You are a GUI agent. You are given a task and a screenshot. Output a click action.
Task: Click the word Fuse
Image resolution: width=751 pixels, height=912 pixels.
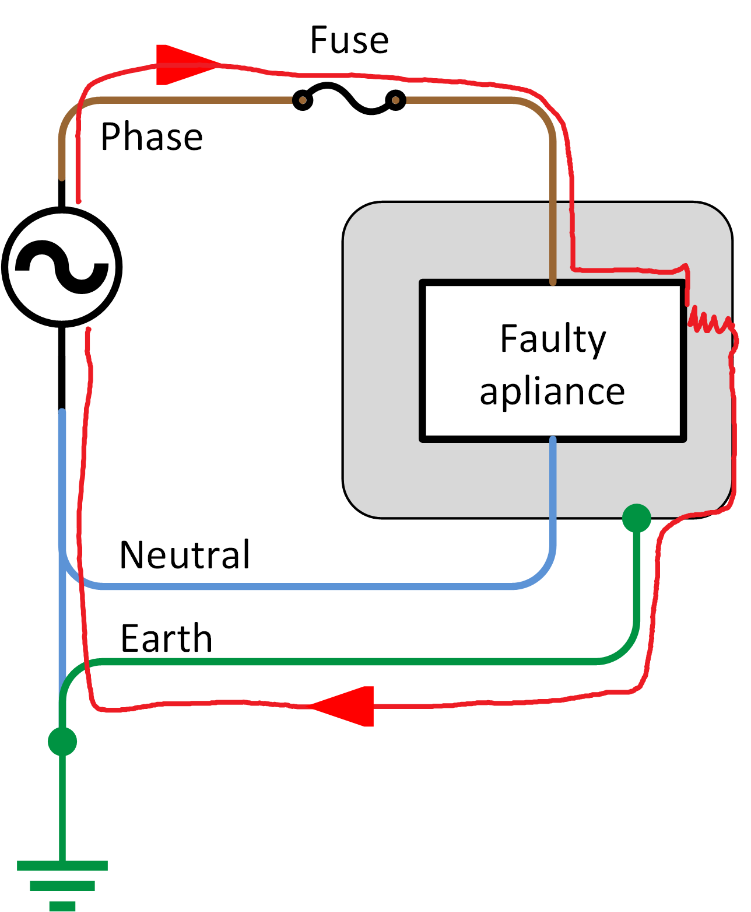(x=349, y=40)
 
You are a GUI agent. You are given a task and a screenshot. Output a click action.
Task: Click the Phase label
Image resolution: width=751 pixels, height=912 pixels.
(x=152, y=137)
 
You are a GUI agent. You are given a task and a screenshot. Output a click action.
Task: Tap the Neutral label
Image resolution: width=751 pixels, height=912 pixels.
(x=185, y=554)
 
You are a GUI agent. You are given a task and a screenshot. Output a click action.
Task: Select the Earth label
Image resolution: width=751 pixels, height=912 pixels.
(x=166, y=638)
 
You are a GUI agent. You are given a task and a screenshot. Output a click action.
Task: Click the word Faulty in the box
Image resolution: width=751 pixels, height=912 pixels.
(x=553, y=339)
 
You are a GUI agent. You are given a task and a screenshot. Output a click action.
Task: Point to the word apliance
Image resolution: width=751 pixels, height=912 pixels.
(x=552, y=392)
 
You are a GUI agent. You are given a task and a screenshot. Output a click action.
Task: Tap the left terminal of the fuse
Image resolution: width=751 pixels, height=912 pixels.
(x=302, y=100)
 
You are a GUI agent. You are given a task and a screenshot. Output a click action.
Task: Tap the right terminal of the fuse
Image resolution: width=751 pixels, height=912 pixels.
(x=395, y=100)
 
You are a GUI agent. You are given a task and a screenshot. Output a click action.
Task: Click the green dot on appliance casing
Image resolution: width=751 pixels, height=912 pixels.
(x=636, y=518)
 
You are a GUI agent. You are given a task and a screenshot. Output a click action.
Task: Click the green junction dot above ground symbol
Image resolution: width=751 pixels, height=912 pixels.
(x=62, y=742)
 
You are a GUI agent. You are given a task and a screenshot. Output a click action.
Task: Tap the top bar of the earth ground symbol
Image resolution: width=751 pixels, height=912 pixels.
(x=62, y=865)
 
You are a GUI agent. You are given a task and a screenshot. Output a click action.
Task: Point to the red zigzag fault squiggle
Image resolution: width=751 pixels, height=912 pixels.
(x=708, y=323)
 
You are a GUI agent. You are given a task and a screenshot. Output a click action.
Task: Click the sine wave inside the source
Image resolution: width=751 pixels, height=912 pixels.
(x=62, y=267)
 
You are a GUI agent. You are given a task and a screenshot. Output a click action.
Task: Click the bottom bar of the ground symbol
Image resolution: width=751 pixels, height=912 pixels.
(x=62, y=906)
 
